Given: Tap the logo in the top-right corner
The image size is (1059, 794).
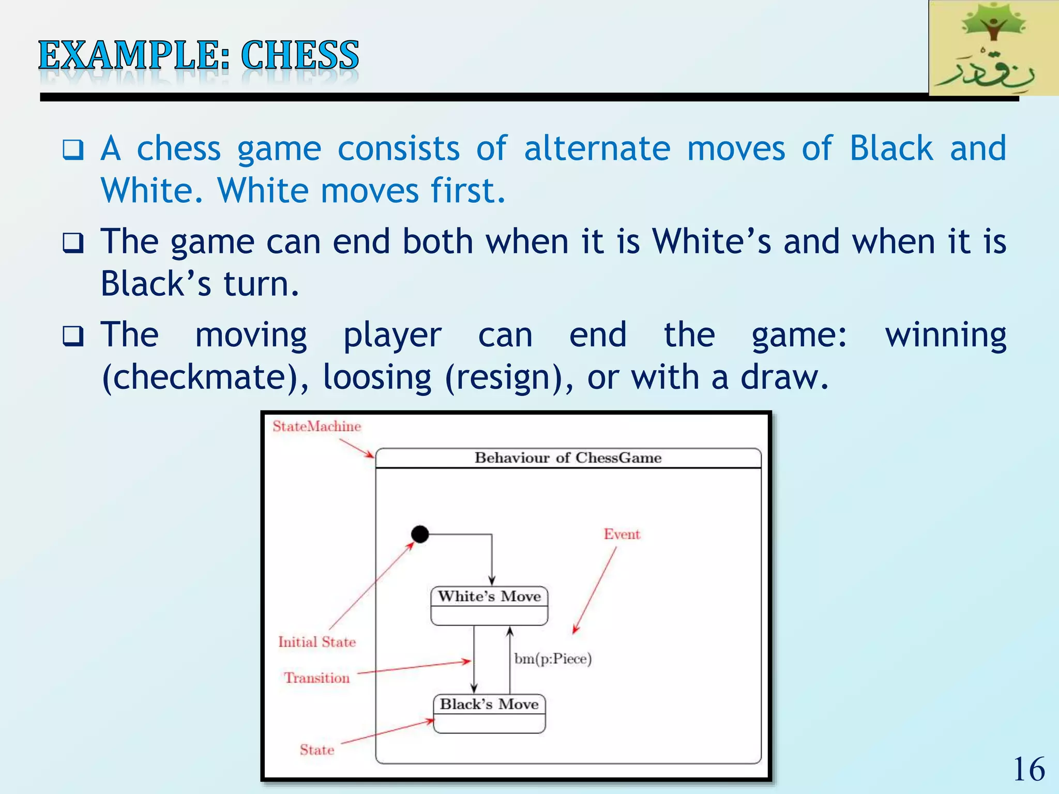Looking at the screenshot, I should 993,49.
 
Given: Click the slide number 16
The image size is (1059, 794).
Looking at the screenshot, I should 1029,769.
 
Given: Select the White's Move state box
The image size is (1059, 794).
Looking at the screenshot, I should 489,606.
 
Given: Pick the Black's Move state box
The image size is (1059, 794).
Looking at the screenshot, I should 489,713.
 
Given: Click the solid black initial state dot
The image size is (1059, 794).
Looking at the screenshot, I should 420,534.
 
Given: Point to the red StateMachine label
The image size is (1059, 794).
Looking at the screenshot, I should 316,426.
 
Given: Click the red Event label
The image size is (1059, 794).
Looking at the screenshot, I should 622,535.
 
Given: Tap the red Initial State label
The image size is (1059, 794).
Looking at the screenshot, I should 317,642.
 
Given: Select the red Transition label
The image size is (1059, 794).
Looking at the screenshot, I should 317,678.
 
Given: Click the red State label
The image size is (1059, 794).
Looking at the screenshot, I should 317,750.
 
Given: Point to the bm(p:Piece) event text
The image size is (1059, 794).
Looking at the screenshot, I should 553,659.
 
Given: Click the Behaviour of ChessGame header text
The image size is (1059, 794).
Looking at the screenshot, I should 568,458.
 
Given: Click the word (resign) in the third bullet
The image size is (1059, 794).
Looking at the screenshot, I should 509,377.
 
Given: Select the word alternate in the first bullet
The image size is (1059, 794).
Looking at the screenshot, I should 597,149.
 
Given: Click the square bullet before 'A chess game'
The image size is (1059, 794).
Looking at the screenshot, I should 73,150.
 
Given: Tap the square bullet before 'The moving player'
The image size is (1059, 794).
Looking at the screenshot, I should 73,336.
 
